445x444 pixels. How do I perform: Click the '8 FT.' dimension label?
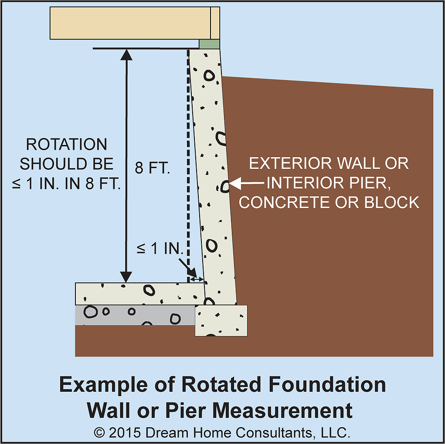point(152,168)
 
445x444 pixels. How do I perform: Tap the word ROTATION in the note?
point(67,145)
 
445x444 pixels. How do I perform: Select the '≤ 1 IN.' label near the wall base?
point(160,249)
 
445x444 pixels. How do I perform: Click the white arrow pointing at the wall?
point(247,184)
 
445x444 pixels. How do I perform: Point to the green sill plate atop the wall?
point(209,44)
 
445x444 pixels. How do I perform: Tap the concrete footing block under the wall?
point(221,320)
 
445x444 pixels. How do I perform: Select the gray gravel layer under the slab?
point(135,315)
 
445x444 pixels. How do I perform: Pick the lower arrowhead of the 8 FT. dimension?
point(126,276)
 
